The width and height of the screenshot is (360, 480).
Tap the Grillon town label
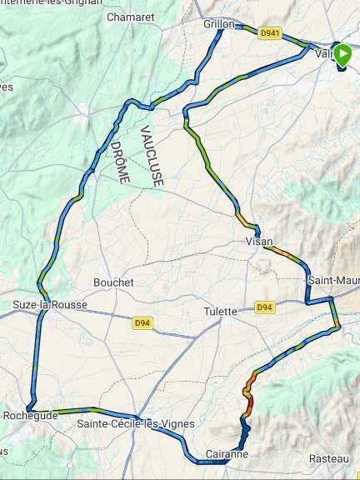[218, 24]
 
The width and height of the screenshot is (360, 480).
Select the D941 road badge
[270, 33]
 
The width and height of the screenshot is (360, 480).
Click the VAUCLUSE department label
[152, 156]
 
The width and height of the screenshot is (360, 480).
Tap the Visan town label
[259, 241]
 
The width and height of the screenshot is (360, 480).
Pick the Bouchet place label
[113, 282]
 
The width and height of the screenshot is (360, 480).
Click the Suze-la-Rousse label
[50, 305]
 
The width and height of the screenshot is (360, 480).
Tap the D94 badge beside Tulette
[264, 307]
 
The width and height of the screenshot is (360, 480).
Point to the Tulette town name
[222, 311]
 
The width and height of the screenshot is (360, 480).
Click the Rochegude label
[31, 415]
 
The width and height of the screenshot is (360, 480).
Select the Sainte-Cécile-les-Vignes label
[135, 424]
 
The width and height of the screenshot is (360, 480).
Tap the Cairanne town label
[227, 453]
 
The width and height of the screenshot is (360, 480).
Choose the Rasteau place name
[328, 459]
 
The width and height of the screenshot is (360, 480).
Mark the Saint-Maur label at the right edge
[333, 280]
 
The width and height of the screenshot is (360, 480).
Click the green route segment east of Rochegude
[79, 410]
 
